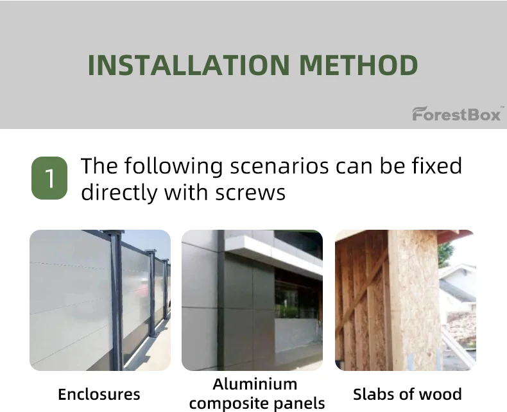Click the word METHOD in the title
(x=359, y=65)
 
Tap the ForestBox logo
(x=456, y=114)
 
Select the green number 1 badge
(x=49, y=178)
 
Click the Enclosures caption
(x=99, y=394)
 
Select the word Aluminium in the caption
(x=255, y=384)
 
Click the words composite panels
(x=257, y=403)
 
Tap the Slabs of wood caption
(x=407, y=394)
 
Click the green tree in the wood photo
(x=445, y=254)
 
